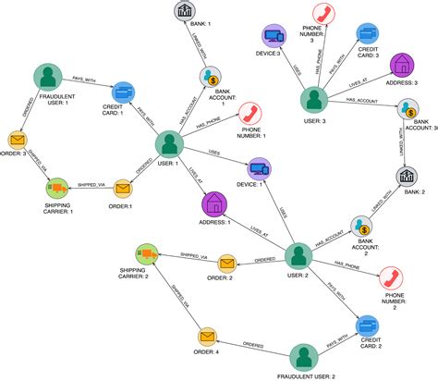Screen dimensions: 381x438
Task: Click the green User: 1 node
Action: click(167, 143)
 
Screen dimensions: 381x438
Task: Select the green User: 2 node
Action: click(296, 256)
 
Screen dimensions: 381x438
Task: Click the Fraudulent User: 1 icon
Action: click(46, 79)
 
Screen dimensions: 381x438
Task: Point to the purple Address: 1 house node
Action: click(213, 201)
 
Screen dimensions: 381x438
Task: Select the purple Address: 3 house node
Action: click(404, 64)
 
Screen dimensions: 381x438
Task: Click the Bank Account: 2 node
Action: click(360, 226)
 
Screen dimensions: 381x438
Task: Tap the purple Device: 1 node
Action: click(258, 168)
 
